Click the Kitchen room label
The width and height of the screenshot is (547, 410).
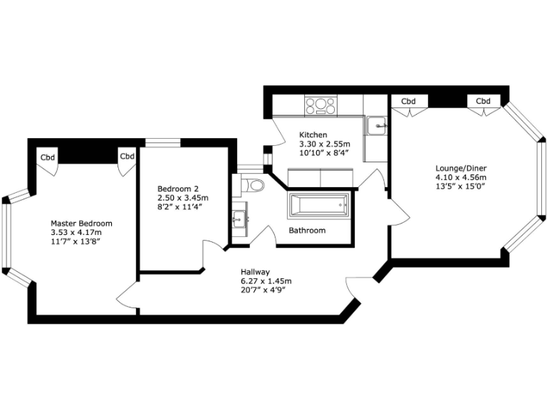[x=313, y=135]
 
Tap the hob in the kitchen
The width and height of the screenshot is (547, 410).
[x=321, y=107]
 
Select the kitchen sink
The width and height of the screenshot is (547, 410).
[x=377, y=126]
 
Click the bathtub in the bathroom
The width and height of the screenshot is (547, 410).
[x=318, y=206]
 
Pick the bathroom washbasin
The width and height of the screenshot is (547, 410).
[x=239, y=218]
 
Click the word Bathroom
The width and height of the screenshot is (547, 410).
[x=307, y=231]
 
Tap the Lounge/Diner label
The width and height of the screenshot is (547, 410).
[x=461, y=169]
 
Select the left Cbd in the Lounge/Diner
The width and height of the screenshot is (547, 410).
[x=408, y=101]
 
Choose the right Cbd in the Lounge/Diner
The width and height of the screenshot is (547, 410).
[x=484, y=101]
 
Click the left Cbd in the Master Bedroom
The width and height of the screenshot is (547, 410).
[x=47, y=157]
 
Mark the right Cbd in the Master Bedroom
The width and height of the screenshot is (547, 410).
[x=127, y=157]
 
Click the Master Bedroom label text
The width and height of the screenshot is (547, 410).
[x=81, y=223]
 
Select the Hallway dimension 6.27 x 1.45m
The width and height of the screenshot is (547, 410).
[x=266, y=280]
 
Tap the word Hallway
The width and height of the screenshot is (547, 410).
[x=255, y=272]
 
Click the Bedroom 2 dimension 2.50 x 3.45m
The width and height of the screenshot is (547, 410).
[x=183, y=198]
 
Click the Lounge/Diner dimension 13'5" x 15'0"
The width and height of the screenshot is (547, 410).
[x=461, y=186]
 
